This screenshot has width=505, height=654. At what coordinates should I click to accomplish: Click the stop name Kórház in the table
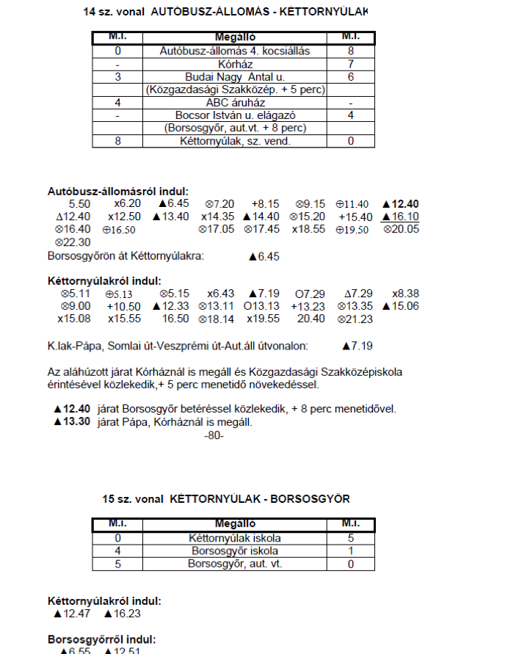pyautogui.click(x=234, y=64)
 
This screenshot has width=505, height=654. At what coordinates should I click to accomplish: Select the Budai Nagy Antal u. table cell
pyautogui.click(x=234, y=77)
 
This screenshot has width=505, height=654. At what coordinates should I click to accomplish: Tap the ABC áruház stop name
pyautogui.click(x=234, y=103)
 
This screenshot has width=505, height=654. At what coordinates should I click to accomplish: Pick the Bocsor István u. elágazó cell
pyautogui.click(x=234, y=115)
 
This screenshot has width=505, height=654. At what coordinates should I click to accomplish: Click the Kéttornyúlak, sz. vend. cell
pyautogui.click(x=234, y=141)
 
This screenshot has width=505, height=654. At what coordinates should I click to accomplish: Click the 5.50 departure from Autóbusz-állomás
pyautogui.click(x=79, y=203)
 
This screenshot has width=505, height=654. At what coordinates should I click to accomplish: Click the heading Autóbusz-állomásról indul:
pyautogui.click(x=118, y=191)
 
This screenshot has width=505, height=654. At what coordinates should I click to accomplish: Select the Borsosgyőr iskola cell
pyautogui.click(x=234, y=551)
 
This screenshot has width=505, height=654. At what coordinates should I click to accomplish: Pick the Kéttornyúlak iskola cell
pyautogui.click(x=234, y=538)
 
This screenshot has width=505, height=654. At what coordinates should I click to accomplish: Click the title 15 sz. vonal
pyautogui.click(x=134, y=499)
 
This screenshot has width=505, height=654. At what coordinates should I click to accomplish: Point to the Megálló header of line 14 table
pyautogui.click(x=234, y=37)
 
